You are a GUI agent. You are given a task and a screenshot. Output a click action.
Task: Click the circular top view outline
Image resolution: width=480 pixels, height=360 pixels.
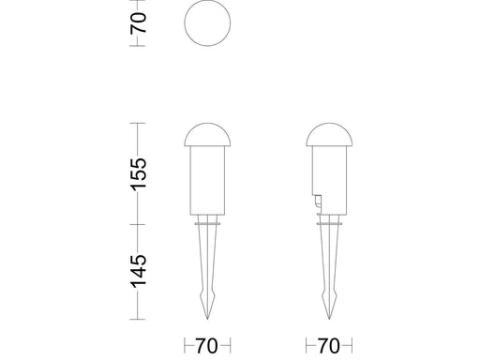185,22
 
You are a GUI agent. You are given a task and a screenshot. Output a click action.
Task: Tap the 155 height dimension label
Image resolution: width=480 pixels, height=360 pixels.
139,174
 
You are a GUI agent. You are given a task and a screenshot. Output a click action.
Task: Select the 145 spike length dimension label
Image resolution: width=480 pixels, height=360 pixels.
139,271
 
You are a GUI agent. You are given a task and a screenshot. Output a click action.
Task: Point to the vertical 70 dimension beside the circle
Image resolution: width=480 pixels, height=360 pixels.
139,22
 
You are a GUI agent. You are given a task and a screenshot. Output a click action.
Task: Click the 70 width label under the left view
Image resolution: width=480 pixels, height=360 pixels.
207,346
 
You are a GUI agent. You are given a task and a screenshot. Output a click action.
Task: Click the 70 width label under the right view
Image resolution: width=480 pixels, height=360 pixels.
329,346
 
